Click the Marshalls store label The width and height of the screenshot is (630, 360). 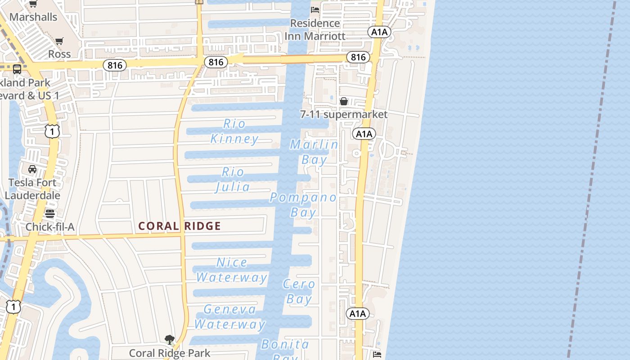click(33, 17)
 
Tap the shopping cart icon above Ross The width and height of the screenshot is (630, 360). click(59, 41)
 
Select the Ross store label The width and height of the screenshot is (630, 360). click(59, 54)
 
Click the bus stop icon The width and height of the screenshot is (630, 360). click(17, 69)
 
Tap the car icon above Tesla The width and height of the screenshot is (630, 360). click(32, 169)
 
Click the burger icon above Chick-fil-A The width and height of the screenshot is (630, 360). click(50, 214)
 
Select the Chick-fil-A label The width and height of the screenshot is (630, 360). click(50, 227)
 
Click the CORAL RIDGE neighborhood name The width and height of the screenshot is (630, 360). click(180, 226)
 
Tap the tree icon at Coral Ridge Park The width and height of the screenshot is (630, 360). click(170, 340)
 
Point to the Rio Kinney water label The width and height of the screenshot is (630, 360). click(234, 131)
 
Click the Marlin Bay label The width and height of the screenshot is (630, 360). click(314, 152)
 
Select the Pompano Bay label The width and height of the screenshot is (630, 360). click(303, 204)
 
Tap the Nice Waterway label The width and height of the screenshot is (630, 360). click(232, 270)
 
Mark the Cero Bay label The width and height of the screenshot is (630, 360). click(299, 291)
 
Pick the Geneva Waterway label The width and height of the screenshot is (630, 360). click(230, 316)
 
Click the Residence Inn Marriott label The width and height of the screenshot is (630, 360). click(315, 29)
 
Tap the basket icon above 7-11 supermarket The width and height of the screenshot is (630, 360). click(344, 101)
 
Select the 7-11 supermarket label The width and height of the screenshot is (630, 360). click(344, 114)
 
